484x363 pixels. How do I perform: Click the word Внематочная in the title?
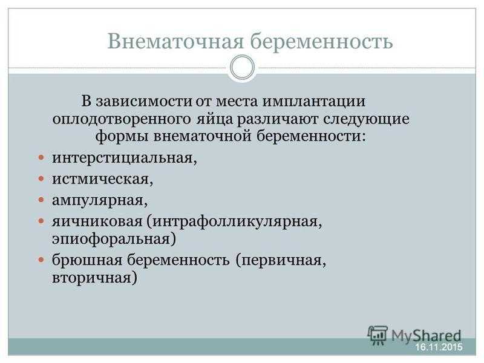point(175,41)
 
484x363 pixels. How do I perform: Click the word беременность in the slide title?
point(321,41)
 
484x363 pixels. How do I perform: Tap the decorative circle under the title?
point(243,67)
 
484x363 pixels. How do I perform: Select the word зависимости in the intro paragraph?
point(144,101)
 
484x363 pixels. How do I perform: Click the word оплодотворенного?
point(122,119)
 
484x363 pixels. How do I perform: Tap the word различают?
point(278,119)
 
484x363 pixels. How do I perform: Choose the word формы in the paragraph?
point(122,136)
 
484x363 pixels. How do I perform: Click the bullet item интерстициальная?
point(125,158)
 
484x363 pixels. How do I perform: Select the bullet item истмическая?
point(102,179)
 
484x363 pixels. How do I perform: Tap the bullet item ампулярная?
point(100,201)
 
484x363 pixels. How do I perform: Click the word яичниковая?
point(97,221)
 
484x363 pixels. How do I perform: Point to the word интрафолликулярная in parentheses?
point(235,221)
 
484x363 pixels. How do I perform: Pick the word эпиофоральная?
point(114,239)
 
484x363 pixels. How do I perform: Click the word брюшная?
point(87,260)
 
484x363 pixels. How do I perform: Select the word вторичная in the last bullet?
point(94,278)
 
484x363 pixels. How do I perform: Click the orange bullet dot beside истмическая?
point(41,178)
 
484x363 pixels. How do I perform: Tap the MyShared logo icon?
point(377,335)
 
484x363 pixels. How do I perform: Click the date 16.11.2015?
point(439,347)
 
